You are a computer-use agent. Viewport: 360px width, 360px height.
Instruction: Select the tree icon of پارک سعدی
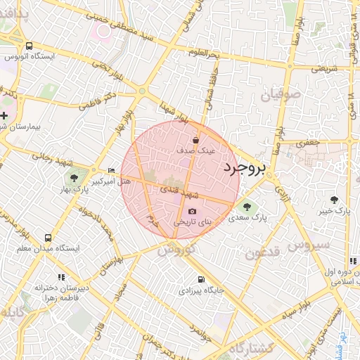coord(245,206)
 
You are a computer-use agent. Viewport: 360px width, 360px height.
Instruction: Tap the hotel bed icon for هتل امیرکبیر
coord(111,171)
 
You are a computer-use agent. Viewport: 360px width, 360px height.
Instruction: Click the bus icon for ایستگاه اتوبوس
coord(28,44)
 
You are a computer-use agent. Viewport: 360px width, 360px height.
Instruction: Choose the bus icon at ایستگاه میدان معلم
coord(48,238)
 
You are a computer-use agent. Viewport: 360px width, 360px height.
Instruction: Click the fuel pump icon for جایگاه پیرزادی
coord(201,278)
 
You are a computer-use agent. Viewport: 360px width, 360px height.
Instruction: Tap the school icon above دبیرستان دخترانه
coord(61,277)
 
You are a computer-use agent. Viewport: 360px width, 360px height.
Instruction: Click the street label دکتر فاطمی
coord(92,99)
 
